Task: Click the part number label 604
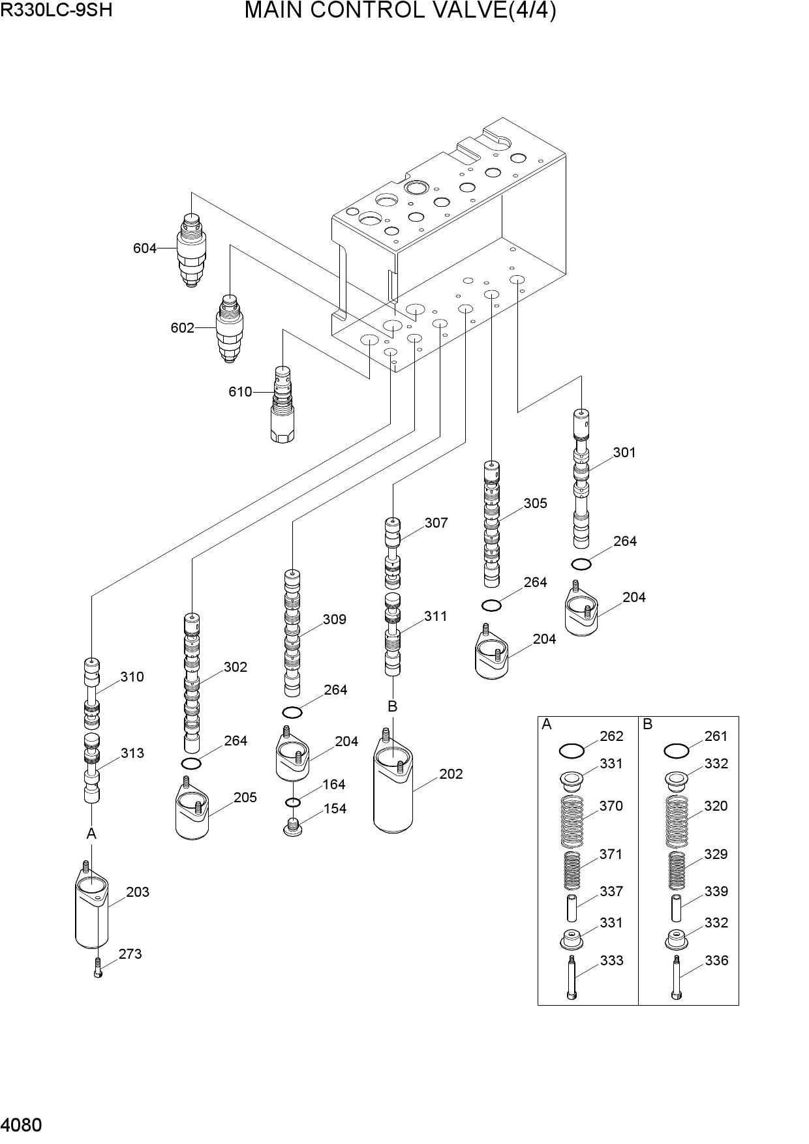pos(145,248)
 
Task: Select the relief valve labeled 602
pos(229,328)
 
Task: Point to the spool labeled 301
pos(581,478)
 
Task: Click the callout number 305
pos(536,504)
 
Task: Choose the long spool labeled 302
pos(192,683)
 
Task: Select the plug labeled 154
pos(293,826)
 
